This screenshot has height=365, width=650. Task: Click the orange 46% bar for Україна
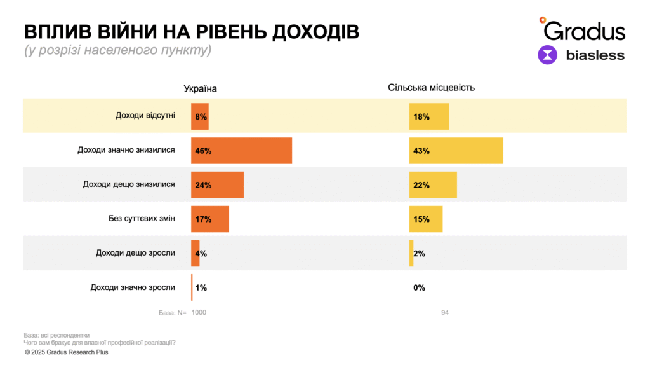pyautogui.click(x=241, y=151)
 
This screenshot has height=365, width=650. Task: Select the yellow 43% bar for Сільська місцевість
pyautogui.click(x=456, y=151)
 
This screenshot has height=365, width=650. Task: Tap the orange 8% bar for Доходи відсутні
pyautogui.click(x=200, y=116)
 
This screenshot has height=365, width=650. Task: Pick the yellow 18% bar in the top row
pyautogui.click(x=429, y=116)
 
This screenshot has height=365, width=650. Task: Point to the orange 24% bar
pyautogui.click(x=217, y=185)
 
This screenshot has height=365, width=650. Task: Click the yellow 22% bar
pyautogui.click(x=433, y=185)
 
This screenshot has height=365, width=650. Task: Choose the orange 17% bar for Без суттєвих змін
pyautogui.click(x=210, y=219)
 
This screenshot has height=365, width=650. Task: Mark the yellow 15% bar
pyautogui.click(x=426, y=219)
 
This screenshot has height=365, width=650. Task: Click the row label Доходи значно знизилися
pyautogui.click(x=126, y=151)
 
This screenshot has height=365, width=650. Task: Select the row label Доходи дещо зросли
pyautogui.click(x=135, y=253)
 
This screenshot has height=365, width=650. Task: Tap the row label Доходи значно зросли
pyautogui.click(x=133, y=287)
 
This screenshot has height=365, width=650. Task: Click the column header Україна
pyautogui.click(x=200, y=88)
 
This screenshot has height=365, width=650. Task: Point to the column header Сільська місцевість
pyautogui.click(x=431, y=88)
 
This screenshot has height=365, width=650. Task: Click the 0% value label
pyautogui.click(x=419, y=287)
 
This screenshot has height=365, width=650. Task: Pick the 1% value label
pyautogui.click(x=201, y=287)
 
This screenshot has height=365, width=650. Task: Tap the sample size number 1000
pyautogui.click(x=199, y=312)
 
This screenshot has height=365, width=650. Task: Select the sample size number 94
pyautogui.click(x=445, y=312)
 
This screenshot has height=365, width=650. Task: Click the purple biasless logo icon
pyautogui.click(x=547, y=55)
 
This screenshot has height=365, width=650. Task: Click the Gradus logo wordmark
pyautogui.click(x=584, y=29)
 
